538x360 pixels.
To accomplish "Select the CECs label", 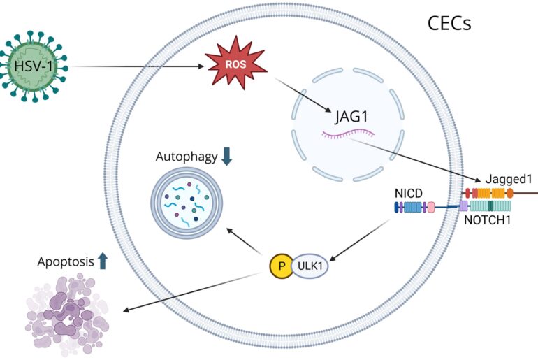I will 449,24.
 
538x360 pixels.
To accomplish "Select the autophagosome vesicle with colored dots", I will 187,203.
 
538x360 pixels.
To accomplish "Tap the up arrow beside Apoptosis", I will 103,261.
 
